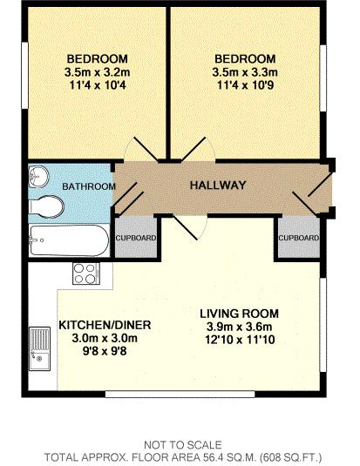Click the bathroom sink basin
click(x=38, y=177)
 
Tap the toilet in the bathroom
click(x=46, y=206)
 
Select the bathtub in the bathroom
click(x=70, y=240)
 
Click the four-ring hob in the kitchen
click(x=86, y=274)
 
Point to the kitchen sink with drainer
click(x=39, y=348)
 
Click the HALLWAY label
click(x=218, y=186)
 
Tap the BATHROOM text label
click(x=89, y=186)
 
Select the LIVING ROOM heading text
click(x=239, y=314)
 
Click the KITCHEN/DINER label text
click(x=105, y=325)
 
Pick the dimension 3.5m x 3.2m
click(x=97, y=72)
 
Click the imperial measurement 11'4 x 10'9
click(x=245, y=85)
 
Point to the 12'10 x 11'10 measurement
click(x=240, y=340)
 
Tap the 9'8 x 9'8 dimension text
click(x=105, y=351)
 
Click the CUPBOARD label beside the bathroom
click(x=136, y=238)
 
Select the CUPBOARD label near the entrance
click(x=299, y=238)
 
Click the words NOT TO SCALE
click(x=183, y=445)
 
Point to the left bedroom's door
click(x=146, y=149)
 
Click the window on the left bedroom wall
click(x=24, y=76)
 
